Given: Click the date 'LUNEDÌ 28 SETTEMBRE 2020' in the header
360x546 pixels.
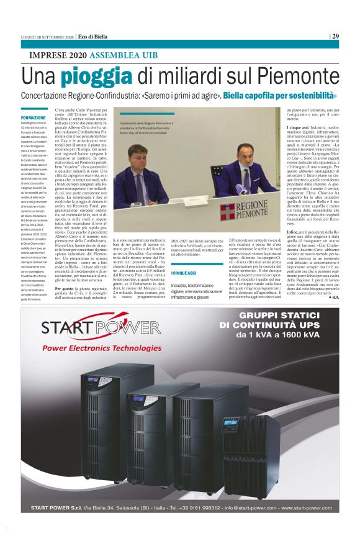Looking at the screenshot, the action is [x=47, y=37].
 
